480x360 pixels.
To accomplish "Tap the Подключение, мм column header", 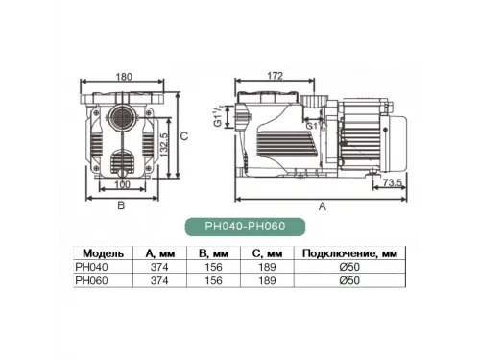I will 346,253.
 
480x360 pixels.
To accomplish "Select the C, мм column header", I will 266,253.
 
